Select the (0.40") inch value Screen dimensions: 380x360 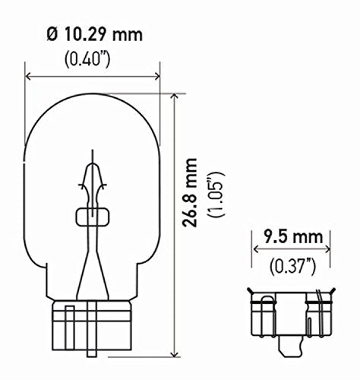click(x=93, y=58)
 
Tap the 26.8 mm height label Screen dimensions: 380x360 click(x=194, y=192)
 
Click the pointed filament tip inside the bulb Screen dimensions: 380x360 click(x=93, y=152)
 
